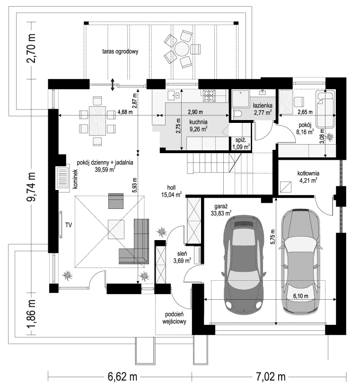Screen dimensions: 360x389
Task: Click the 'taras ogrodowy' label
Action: click(x=120, y=52)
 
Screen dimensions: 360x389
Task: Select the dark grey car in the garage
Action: click(x=244, y=263)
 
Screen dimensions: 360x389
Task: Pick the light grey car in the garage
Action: click(x=301, y=261)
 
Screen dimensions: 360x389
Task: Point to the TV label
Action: click(x=69, y=225)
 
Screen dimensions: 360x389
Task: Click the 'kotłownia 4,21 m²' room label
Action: click(x=308, y=177)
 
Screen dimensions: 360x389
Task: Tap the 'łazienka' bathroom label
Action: click(x=263, y=106)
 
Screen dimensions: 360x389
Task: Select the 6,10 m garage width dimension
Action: click(x=301, y=296)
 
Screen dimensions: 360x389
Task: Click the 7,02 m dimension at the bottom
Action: click(x=271, y=377)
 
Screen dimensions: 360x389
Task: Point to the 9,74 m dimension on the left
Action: click(x=32, y=187)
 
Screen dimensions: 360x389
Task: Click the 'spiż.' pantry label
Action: click(x=241, y=140)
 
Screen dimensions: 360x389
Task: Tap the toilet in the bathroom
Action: click(x=237, y=114)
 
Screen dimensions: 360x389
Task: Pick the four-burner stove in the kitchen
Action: click(x=209, y=95)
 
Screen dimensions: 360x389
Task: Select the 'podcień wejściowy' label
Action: click(x=174, y=318)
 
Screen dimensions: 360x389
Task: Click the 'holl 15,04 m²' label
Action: click(x=172, y=191)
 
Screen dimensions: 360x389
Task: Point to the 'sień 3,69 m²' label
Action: click(x=182, y=257)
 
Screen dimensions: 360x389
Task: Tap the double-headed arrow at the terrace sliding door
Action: click(x=113, y=84)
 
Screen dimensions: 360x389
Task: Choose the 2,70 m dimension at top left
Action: click(x=32, y=48)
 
